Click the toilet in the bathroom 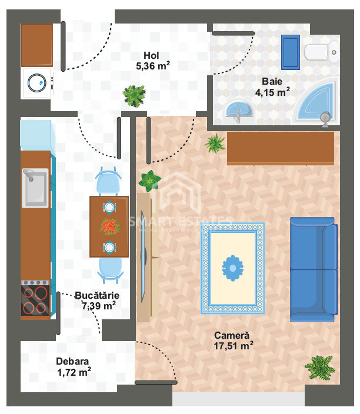pyautogui.click(x=321, y=52)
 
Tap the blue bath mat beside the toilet pyautogui.click(x=290, y=52)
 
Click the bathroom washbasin pyautogui.click(x=238, y=111)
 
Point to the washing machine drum pyautogui.click(x=37, y=83)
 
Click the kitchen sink pyautogui.click(x=35, y=188)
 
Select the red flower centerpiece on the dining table pyautogui.click(x=109, y=226)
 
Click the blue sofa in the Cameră pyautogui.click(x=314, y=269)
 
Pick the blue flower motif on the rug pyautogui.click(x=232, y=268)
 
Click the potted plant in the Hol pyautogui.click(x=134, y=96)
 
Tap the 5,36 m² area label pyautogui.click(x=153, y=66)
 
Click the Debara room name pyautogui.click(x=72, y=361)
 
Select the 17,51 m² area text pyautogui.click(x=234, y=346)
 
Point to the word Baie pyautogui.click(x=272, y=81)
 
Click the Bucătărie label pyautogui.click(x=97, y=295)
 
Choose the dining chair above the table pyautogui.click(x=108, y=181)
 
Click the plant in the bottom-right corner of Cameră pyautogui.click(x=320, y=368)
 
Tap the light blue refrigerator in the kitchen pyautogui.click(x=38, y=135)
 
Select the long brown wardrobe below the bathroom pyautogui.click(x=281, y=148)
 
